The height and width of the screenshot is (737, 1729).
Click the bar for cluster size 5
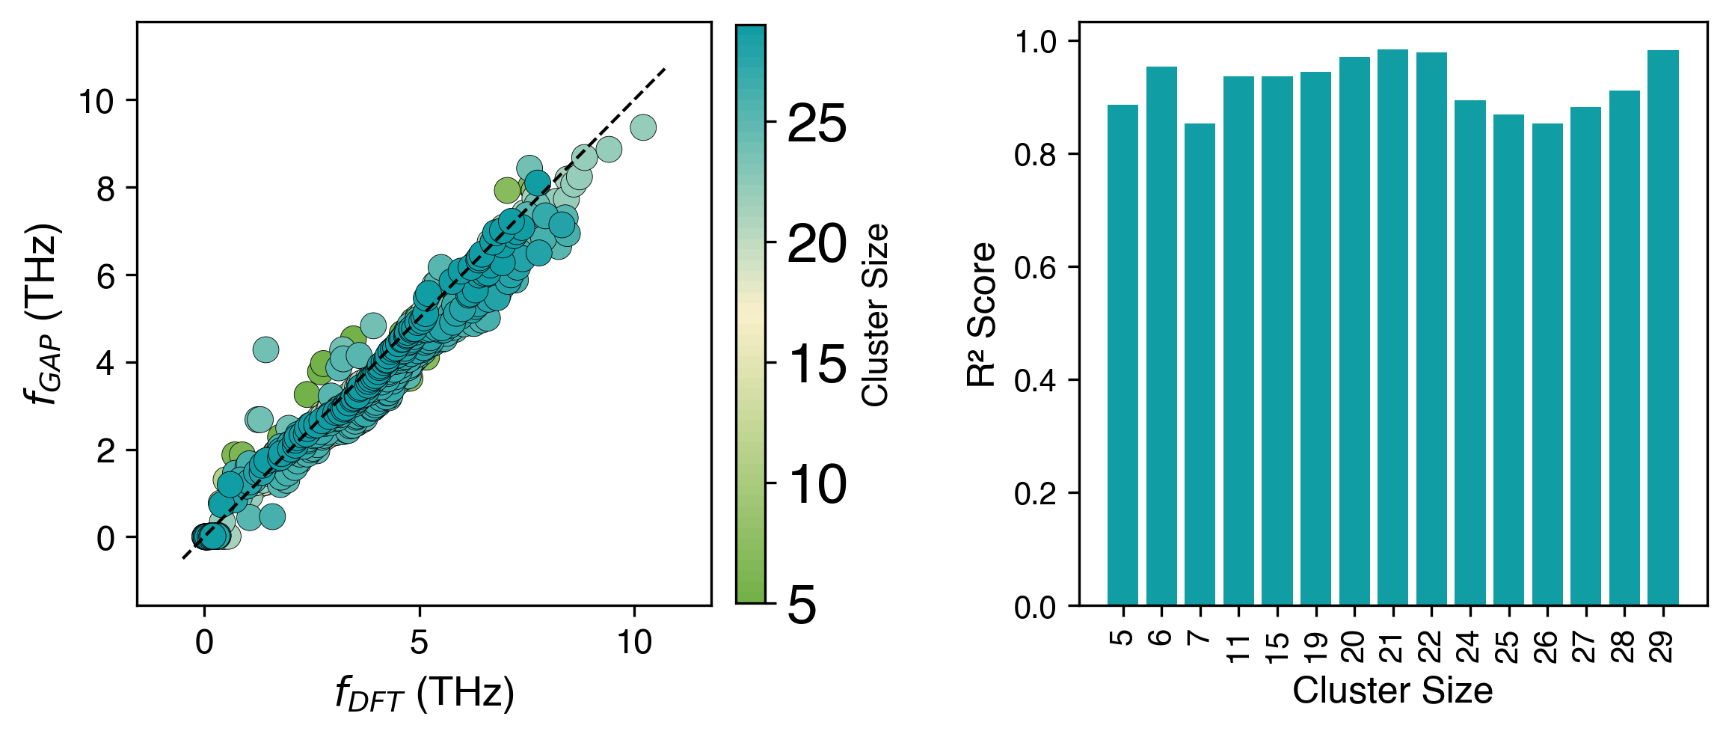tap(1123, 355)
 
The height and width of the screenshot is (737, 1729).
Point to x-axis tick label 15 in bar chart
tap(1278, 648)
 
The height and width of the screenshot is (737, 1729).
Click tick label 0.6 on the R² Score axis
tap(1035, 268)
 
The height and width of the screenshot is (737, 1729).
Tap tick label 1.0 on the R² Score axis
tap(1035, 42)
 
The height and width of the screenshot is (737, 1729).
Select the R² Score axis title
tap(981, 314)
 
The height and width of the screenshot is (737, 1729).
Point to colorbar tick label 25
tap(817, 123)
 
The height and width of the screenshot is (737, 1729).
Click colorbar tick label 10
tap(817, 485)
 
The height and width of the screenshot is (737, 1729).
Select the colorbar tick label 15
tap(817, 364)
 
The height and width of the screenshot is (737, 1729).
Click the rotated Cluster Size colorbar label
tap(875, 314)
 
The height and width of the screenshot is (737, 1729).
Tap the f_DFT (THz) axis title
tap(425, 693)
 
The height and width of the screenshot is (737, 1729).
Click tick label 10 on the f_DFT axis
tap(634, 642)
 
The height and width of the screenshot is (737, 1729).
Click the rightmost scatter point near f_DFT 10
tap(643, 128)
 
